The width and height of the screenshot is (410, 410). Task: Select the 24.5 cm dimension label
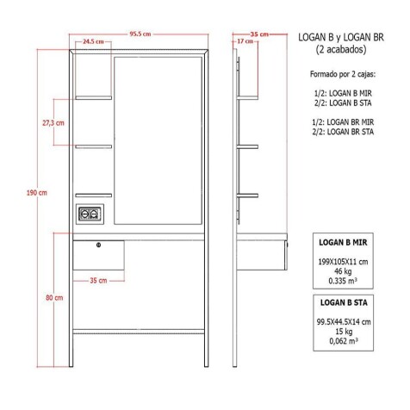[94, 41]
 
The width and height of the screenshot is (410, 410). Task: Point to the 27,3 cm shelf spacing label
[53, 124]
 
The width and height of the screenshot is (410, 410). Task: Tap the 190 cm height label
[37, 193]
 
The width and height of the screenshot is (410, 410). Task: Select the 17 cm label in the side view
[243, 41]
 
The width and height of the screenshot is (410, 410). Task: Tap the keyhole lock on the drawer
[99, 246]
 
